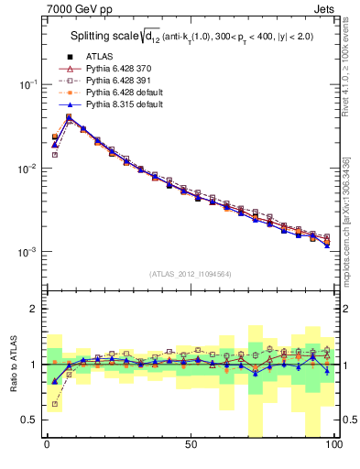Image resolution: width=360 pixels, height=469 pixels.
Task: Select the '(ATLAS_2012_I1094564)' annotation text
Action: coord(190,273)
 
